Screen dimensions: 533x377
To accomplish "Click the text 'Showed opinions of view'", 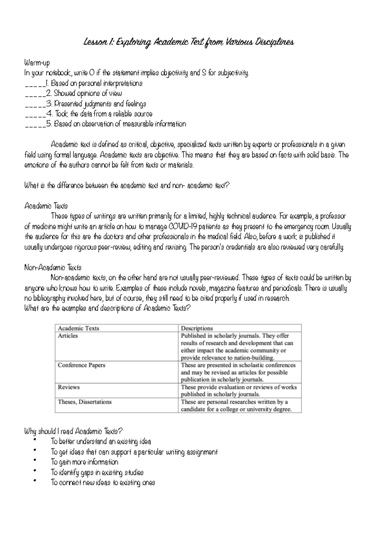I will (x=88, y=93).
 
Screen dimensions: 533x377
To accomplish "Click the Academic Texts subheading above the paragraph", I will (x=46, y=206).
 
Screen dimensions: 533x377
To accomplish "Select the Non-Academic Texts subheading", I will (x=53, y=268).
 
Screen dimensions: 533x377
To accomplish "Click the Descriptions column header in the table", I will (x=197, y=328).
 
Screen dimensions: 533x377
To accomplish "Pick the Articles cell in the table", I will (x=68, y=336).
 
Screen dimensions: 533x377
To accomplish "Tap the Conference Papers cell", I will (x=81, y=365).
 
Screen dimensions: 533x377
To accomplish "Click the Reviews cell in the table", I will (x=68, y=387).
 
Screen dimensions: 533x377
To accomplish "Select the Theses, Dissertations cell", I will (x=85, y=402).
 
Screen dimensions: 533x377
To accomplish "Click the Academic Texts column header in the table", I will (x=79, y=328).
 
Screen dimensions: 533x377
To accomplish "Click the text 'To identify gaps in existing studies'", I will (x=97, y=472).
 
